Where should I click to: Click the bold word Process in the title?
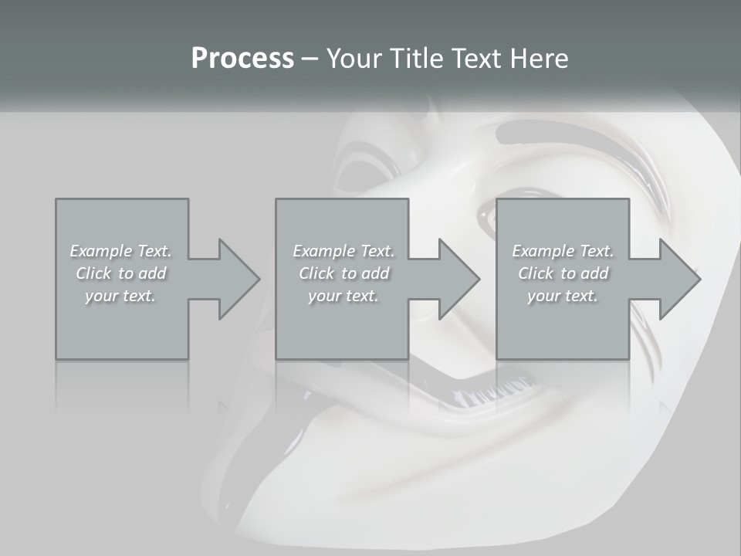pyautogui.click(x=242, y=59)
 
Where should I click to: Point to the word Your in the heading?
pyautogui.click(x=354, y=59)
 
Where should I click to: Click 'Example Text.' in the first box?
pyautogui.click(x=120, y=251)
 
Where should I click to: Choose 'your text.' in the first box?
pyautogui.click(x=120, y=296)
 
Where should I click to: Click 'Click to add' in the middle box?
pyautogui.click(x=343, y=273)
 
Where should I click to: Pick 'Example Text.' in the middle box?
pyautogui.click(x=343, y=251)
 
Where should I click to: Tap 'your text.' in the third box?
pyautogui.click(x=563, y=296)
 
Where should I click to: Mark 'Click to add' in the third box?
pyautogui.click(x=563, y=273)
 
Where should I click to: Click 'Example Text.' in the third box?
pyautogui.click(x=563, y=251)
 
